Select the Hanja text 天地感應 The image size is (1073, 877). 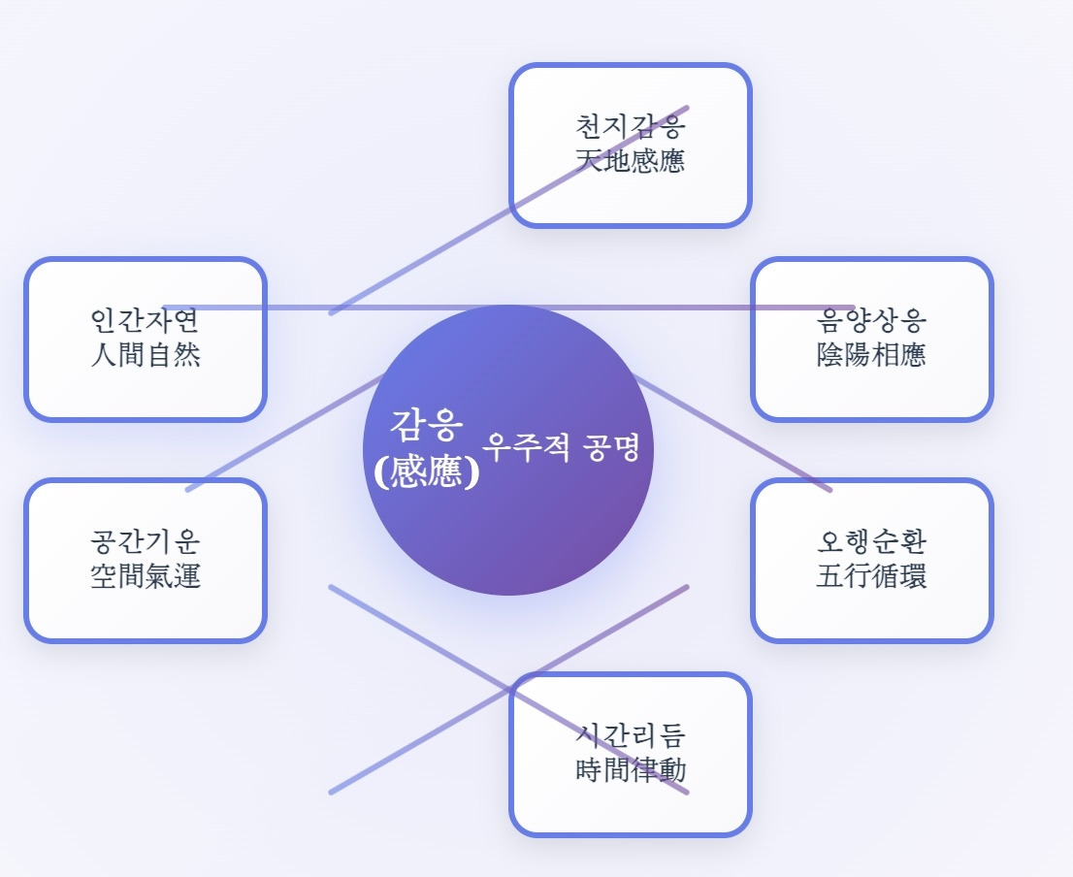click(631, 160)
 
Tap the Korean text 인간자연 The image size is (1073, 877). click(146, 321)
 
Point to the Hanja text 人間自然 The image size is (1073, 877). click(146, 354)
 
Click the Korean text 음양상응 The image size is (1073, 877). click(871, 321)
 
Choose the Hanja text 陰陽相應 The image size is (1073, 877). click(871, 354)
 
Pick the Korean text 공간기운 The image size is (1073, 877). click(146, 542)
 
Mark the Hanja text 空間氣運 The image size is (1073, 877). click(146, 575)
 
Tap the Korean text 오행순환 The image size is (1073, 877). click(871, 542)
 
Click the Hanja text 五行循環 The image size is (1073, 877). click(871, 575)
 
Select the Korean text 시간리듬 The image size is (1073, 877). click(631, 736)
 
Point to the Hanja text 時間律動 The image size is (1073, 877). click(631, 770)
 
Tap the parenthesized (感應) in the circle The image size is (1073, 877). click(427, 471)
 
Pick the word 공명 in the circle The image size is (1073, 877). click(612, 447)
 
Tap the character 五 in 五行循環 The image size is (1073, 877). click(829, 575)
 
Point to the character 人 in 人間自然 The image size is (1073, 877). click(104, 354)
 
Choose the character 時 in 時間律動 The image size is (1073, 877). click(589, 770)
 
